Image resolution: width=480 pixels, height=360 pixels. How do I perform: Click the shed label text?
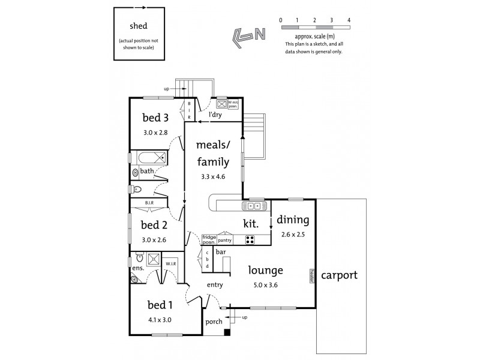(140, 26)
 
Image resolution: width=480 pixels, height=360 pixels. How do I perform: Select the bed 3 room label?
(155, 117)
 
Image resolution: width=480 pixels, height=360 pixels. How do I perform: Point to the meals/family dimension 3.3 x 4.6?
(213, 177)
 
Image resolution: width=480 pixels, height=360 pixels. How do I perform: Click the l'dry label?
(216, 115)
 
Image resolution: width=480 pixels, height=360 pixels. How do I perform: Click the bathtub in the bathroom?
(151, 159)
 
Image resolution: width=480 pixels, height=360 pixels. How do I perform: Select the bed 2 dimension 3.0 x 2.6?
(154, 239)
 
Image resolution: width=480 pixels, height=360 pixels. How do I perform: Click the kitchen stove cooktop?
(249, 240)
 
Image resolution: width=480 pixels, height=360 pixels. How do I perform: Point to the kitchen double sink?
(251, 206)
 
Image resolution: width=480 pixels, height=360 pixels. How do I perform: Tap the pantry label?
(225, 240)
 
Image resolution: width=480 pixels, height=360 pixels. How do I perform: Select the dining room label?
(293, 220)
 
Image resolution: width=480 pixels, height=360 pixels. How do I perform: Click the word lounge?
(266, 271)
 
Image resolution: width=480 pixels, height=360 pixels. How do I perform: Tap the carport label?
(339, 275)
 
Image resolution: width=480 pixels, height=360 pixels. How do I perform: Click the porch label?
(214, 322)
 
